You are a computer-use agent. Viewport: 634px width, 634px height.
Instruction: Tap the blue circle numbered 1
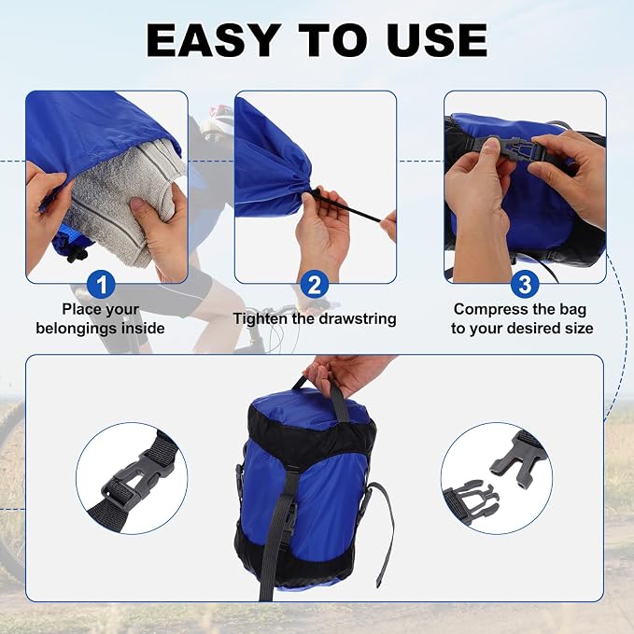(x=101, y=284)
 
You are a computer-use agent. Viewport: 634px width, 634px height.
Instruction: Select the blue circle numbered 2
(x=314, y=284)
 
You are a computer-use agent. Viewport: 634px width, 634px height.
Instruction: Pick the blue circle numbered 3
(x=525, y=284)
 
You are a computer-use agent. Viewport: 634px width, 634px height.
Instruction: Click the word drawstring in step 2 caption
(x=358, y=319)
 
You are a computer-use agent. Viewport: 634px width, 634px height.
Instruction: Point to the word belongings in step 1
(x=77, y=328)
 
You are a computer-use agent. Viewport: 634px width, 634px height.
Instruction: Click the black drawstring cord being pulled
(x=347, y=206)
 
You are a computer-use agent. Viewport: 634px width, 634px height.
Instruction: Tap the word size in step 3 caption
(x=580, y=328)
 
